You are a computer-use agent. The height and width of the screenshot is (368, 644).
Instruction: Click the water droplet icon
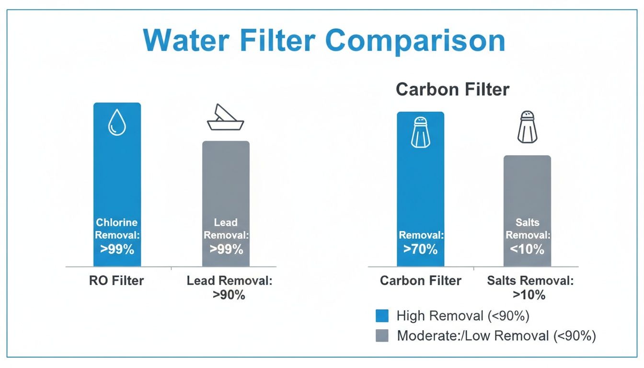coord(117,122)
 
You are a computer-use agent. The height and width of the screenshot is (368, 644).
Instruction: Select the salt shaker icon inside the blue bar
coord(420,132)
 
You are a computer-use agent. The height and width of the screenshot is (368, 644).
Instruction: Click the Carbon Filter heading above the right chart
coord(452,90)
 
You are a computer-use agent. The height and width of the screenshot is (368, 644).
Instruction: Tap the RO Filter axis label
coord(116,280)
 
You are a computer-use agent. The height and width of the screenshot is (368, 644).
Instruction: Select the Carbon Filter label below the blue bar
coord(420,280)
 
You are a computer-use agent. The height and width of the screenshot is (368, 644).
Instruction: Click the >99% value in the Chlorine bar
coord(117,249)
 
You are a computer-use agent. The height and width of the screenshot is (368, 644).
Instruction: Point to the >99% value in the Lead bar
coord(226,249)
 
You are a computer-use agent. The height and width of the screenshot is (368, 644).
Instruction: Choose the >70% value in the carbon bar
coord(420,249)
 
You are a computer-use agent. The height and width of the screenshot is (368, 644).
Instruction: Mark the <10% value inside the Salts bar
coord(527,249)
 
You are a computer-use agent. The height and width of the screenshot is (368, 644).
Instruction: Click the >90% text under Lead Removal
coord(229,295)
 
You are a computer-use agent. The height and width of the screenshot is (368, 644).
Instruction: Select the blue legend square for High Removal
coord(382,316)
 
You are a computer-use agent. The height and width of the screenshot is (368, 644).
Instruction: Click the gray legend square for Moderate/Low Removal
coord(382,336)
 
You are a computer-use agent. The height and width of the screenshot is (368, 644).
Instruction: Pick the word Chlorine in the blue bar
coord(117,222)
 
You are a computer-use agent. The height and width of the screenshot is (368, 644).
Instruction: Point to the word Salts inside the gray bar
coord(527,222)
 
